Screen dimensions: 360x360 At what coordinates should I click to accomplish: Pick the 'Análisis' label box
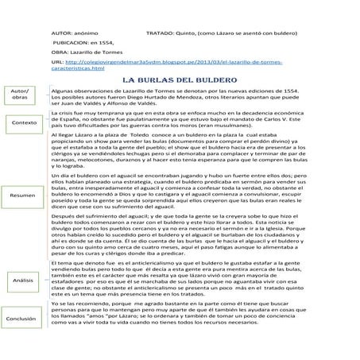click(x=22, y=281)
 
